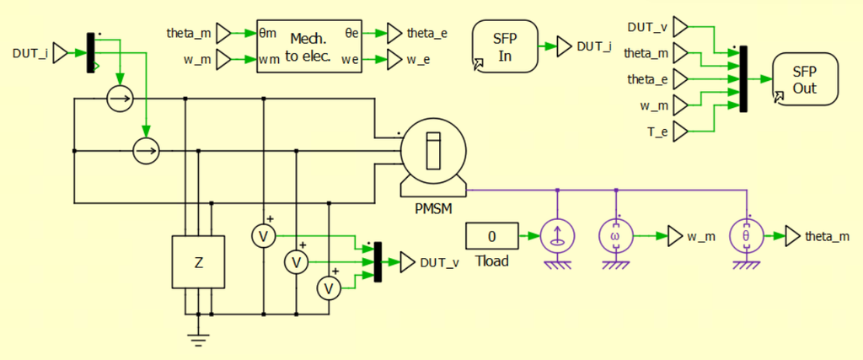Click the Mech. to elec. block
click(x=309, y=46)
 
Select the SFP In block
click(x=504, y=46)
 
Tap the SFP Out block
click(x=806, y=80)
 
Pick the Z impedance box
click(x=198, y=262)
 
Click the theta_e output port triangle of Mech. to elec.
click(x=394, y=33)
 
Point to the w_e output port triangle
click(x=394, y=59)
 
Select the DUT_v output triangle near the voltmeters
click(x=408, y=262)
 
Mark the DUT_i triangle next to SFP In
click(x=565, y=46)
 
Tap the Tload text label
click(x=492, y=261)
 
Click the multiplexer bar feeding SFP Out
click(x=743, y=78)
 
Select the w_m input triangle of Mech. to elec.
click(x=224, y=59)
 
